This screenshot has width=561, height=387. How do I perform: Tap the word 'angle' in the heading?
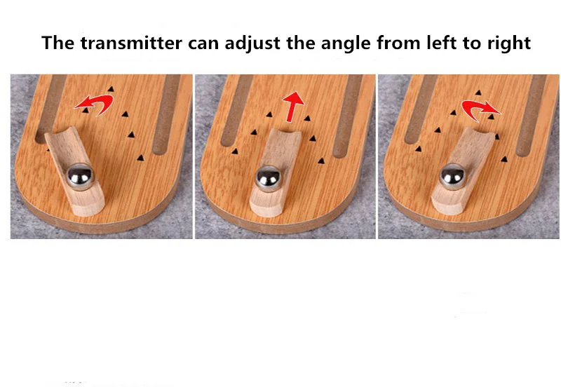pos(331,43)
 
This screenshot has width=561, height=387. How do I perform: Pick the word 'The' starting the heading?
pos(58,43)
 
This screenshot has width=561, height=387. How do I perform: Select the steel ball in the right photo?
pos(452,177)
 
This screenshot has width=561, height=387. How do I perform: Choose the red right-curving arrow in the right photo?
pos(480,107)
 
